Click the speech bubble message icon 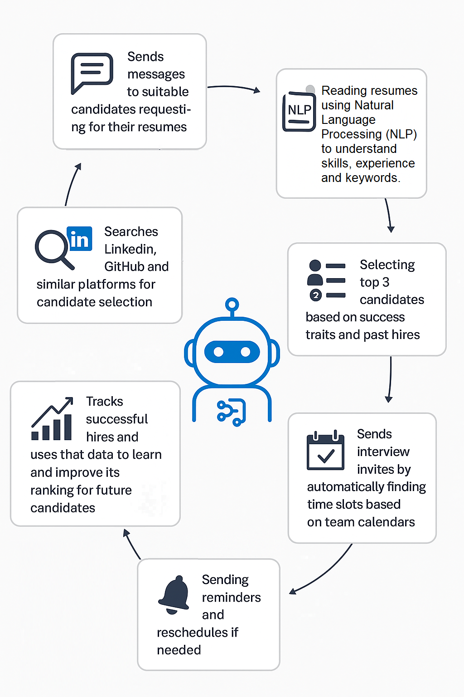[x=92, y=73]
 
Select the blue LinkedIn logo [x=80, y=239]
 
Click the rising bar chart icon [x=52, y=419]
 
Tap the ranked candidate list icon [x=326, y=280]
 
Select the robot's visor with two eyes [x=232, y=352]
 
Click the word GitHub [x=123, y=266]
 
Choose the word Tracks [x=105, y=402]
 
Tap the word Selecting [x=387, y=265]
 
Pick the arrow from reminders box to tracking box [x=132, y=544]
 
